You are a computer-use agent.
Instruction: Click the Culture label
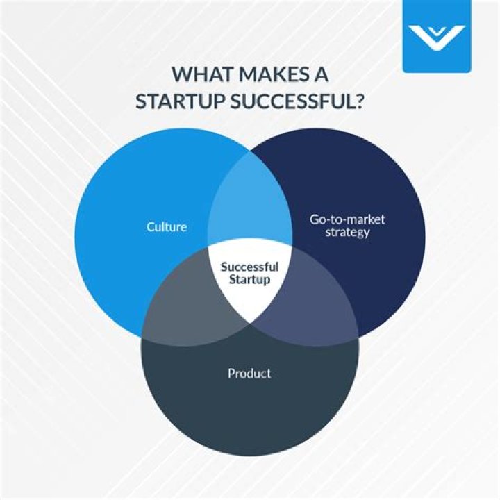coord(167,226)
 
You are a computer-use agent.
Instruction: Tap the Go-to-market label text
coord(347,219)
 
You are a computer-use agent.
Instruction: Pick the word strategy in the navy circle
coord(347,233)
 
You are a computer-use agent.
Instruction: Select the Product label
coord(249,374)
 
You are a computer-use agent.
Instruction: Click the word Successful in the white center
coord(249,267)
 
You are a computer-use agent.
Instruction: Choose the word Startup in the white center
coord(249,279)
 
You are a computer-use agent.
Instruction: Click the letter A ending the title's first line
coord(324,74)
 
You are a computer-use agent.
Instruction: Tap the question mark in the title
coord(360,101)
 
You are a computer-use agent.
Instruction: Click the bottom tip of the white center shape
coord(250,322)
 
